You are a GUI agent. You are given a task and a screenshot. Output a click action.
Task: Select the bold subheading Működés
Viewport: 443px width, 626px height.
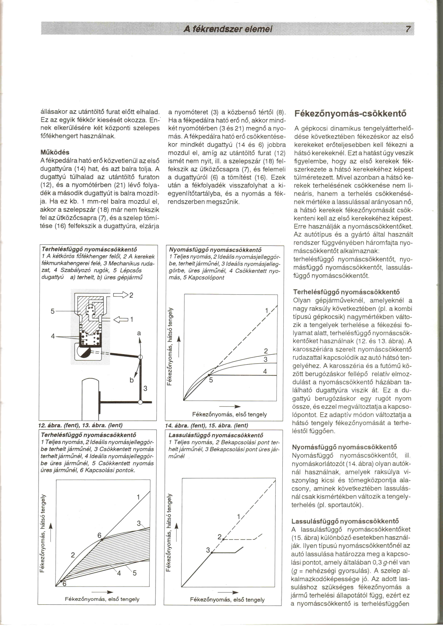tap(55, 152)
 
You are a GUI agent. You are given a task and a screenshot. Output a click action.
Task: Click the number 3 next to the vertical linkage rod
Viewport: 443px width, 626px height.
tap(145, 388)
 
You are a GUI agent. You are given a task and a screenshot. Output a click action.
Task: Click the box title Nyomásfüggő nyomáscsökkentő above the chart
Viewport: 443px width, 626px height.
tap(215, 250)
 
